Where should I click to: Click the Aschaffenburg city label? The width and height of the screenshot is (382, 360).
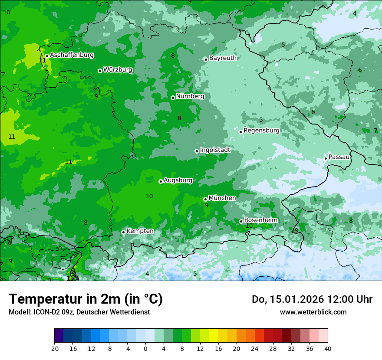click(72, 55)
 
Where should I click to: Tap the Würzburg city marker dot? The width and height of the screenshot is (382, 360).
click(100, 71)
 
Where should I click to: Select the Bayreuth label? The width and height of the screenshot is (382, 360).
click(223, 58)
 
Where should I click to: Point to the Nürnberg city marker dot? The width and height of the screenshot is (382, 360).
click(173, 98)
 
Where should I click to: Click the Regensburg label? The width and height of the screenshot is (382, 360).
click(261, 130)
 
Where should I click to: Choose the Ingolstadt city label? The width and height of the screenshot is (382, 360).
click(215, 150)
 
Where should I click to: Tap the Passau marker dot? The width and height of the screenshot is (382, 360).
click(326, 158)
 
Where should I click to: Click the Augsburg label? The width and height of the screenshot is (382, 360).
click(178, 180)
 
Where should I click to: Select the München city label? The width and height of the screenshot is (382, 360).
click(222, 198)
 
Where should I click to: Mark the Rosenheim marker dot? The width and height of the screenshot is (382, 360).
click(241, 221)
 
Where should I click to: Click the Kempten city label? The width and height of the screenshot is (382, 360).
click(140, 231)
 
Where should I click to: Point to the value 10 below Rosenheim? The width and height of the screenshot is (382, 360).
click(249, 226)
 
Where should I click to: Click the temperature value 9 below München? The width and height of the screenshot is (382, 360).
click(207, 205)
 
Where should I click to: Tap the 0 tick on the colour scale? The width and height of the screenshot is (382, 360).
click(145, 348)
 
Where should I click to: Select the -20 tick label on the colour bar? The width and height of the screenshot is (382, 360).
click(54, 348)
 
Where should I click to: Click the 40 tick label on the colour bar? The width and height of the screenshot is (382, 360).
click(327, 348)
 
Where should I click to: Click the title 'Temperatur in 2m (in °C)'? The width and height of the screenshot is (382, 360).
click(86, 299)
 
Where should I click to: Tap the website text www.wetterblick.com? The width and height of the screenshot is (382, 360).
click(313, 312)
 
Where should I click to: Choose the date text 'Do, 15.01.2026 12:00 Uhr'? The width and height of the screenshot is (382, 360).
click(312, 299)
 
